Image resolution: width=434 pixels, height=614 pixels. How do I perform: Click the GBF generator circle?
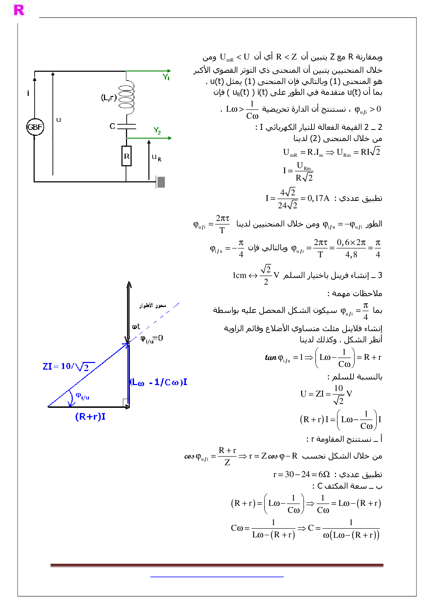coord(35,127)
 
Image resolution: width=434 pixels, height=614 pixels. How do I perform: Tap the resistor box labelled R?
coord(126,156)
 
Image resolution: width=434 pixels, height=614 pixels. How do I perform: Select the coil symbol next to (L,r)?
coord(126,98)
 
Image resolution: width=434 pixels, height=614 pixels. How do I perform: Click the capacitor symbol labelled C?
coord(126,126)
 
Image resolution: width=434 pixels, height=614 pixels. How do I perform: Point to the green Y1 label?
coord(166,77)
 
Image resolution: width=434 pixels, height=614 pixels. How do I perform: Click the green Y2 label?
coord(157,131)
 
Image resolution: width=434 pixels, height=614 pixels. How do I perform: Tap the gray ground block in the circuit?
coord(161,182)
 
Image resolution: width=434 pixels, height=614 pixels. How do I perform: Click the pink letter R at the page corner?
coord(19,10)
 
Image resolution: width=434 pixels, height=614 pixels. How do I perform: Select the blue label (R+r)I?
coord(90,417)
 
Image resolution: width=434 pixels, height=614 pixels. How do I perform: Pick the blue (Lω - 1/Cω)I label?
coord(159,382)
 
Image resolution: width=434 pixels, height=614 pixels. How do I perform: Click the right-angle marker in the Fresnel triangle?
coord(126,403)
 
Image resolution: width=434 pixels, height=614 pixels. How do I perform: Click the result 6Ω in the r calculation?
coord(324,474)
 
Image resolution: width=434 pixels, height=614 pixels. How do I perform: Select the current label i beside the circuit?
coord(28,93)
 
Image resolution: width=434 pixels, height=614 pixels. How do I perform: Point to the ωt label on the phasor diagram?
coord(136,327)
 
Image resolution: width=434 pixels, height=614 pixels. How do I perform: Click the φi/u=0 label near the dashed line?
coord(152,339)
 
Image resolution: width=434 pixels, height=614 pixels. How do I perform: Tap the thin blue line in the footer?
coord(217,576)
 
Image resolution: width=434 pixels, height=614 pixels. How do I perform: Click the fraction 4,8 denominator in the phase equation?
coord(351,254)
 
